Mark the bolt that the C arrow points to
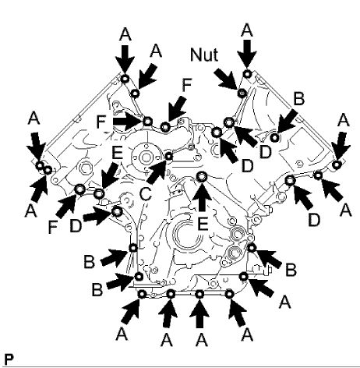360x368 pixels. pos(169,155)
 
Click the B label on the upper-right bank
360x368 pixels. pos(298,99)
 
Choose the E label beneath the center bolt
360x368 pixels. pos(202,223)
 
